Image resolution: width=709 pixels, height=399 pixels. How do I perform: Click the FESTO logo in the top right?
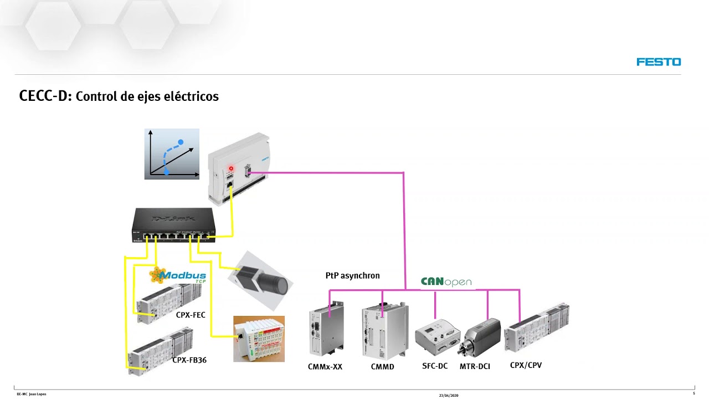(659, 62)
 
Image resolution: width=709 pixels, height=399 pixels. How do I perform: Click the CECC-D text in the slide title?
(45, 96)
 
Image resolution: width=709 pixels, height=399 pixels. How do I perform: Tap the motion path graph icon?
(172, 154)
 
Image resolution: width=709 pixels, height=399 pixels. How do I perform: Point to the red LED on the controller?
(231, 168)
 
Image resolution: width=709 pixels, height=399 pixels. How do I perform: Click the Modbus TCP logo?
(178, 275)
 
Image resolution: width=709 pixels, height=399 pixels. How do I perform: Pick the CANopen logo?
(446, 282)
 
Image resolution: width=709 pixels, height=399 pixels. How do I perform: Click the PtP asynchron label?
(352, 275)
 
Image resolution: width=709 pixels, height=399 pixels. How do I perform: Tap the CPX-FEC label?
(191, 315)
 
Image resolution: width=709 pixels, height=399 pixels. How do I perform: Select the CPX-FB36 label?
(189, 360)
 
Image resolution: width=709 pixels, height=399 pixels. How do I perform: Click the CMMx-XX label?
(325, 366)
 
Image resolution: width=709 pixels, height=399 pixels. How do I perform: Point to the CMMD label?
(383, 366)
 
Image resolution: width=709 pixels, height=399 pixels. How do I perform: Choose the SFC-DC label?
(435, 366)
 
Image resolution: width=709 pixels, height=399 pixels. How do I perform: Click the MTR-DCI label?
(475, 366)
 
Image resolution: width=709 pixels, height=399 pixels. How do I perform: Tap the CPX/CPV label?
(526, 365)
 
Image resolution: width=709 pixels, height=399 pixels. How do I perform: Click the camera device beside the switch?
(261, 280)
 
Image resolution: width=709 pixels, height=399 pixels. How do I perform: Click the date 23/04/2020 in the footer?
(449, 395)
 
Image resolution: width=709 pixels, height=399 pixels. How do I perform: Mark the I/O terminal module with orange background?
(259, 339)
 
